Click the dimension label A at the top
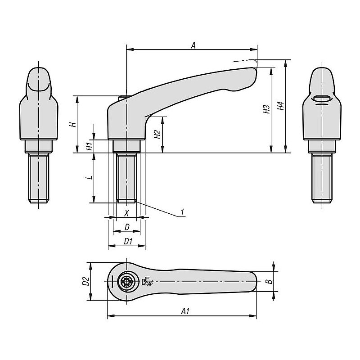pos(193,45)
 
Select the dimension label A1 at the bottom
pos(185,311)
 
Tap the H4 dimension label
pos(281,106)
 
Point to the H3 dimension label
pos(266,109)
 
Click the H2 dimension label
pos(157,135)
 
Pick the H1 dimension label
pos(89,146)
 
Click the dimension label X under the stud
pos(126,213)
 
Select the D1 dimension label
pos(128,241)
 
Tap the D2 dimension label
pos(86,281)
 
